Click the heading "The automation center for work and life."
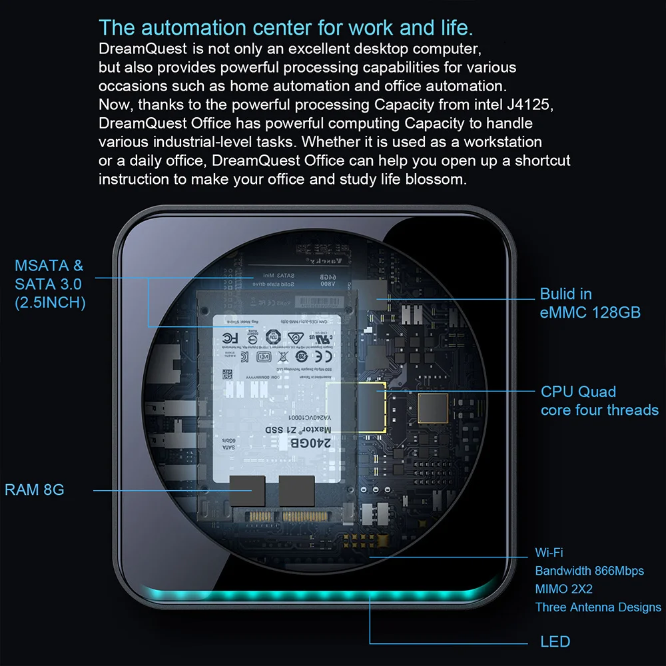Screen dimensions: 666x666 [x=286, y=28]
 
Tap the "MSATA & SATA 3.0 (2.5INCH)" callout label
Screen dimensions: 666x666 [x=50, y=284]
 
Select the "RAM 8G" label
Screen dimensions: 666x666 [x=35, y=490]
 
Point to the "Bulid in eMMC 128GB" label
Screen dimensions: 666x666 [x=589, y=303]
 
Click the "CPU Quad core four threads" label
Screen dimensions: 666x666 [x=599, y=401]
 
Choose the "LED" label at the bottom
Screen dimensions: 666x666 [x=555, y=642]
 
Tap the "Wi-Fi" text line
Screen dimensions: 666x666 [x=549, y=553]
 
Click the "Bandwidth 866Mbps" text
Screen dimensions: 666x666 [x=589, y=571]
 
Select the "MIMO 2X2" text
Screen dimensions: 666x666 [x=563, y=589]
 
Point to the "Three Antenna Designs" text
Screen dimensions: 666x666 [x=598, y=607]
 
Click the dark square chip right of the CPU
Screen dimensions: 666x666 [x=433, y=408]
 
